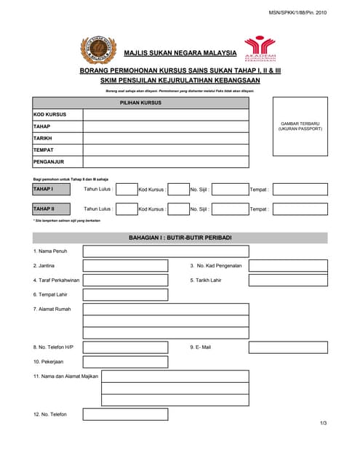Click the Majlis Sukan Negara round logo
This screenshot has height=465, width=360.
97,52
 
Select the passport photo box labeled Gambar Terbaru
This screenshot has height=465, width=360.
300,126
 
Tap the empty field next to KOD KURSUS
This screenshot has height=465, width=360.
165,115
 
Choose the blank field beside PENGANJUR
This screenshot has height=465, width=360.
165,162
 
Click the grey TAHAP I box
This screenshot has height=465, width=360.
52,189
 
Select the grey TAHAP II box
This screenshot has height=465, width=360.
52,209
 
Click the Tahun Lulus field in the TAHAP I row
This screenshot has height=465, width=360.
127,190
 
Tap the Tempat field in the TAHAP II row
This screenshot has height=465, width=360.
300,209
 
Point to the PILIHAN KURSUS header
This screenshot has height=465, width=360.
140,103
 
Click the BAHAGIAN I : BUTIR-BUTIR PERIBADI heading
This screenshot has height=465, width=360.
180,238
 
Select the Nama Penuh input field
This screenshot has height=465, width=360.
165,251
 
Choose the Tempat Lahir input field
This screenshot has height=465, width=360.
125,294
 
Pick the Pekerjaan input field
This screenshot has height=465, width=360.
125,361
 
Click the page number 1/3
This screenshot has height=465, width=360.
323,424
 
